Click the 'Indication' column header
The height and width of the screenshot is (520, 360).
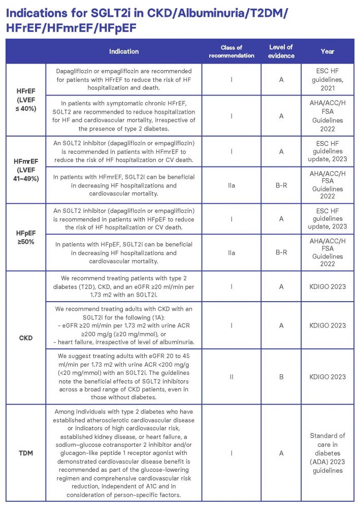[123, 51]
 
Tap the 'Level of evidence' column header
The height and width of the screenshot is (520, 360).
[281, 51]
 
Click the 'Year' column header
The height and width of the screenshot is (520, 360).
[328, 51]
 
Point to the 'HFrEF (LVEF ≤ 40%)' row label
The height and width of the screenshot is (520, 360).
[25, 100]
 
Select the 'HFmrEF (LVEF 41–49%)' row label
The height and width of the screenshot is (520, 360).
[25, 170]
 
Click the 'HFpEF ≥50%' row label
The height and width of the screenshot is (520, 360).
[25, 237]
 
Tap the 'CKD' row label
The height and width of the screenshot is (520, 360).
[25, 337]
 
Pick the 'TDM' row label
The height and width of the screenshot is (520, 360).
[25, 452]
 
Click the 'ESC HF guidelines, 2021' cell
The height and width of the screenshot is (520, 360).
[328, 80]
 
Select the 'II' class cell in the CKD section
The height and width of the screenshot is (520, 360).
[231, 376]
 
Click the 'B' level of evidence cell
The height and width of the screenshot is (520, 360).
[281, 376]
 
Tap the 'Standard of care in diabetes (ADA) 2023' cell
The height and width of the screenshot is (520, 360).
[328, 452]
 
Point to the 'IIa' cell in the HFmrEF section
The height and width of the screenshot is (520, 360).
[231, 185]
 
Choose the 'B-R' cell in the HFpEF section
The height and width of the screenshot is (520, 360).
[281, 252]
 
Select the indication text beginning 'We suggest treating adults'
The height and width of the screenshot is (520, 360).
[123, 376]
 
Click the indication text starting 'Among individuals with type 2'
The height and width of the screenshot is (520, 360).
[123, 452]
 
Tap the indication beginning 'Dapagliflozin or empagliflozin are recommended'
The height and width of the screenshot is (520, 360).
[123, 80]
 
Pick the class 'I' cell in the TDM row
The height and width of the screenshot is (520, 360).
[231, 452]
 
